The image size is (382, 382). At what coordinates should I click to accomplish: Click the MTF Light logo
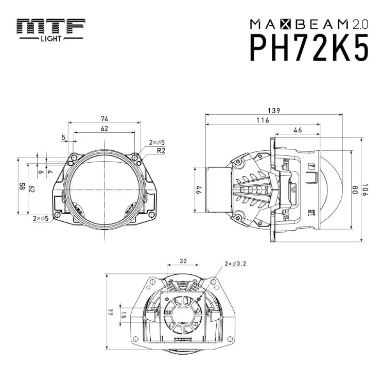click(x=51, y=30)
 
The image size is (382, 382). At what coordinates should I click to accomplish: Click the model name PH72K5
click(x=309, y=48)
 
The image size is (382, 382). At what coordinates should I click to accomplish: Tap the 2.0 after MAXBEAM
click(x=360, y=24)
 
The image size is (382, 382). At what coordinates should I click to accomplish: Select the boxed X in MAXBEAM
click(x=286, y=24)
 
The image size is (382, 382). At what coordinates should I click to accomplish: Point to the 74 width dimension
click(x=105, y=118)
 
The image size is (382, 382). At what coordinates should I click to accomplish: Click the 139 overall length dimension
click(x=274, y=111)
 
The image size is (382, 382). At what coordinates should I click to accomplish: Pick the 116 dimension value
click(x=263, y=120)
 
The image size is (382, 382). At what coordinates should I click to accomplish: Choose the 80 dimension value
click(x=355, y=190)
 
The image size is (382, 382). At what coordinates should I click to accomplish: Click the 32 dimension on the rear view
click(x=183, y=261)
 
